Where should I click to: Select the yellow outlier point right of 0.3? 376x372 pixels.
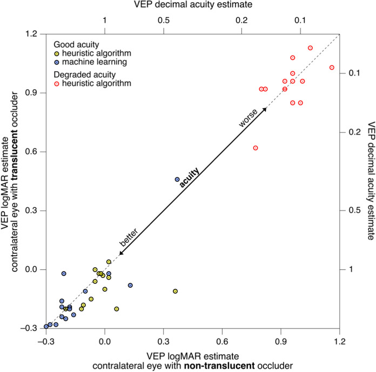(175, 291)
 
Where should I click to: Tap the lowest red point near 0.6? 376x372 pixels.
(255, 148)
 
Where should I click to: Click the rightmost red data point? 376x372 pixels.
(332, 68)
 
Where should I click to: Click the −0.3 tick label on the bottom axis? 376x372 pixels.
(46, 341)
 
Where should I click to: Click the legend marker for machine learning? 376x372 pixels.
(56, 62)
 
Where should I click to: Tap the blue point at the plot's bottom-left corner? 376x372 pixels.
(46, 327)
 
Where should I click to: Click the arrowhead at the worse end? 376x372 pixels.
(265, 110)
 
